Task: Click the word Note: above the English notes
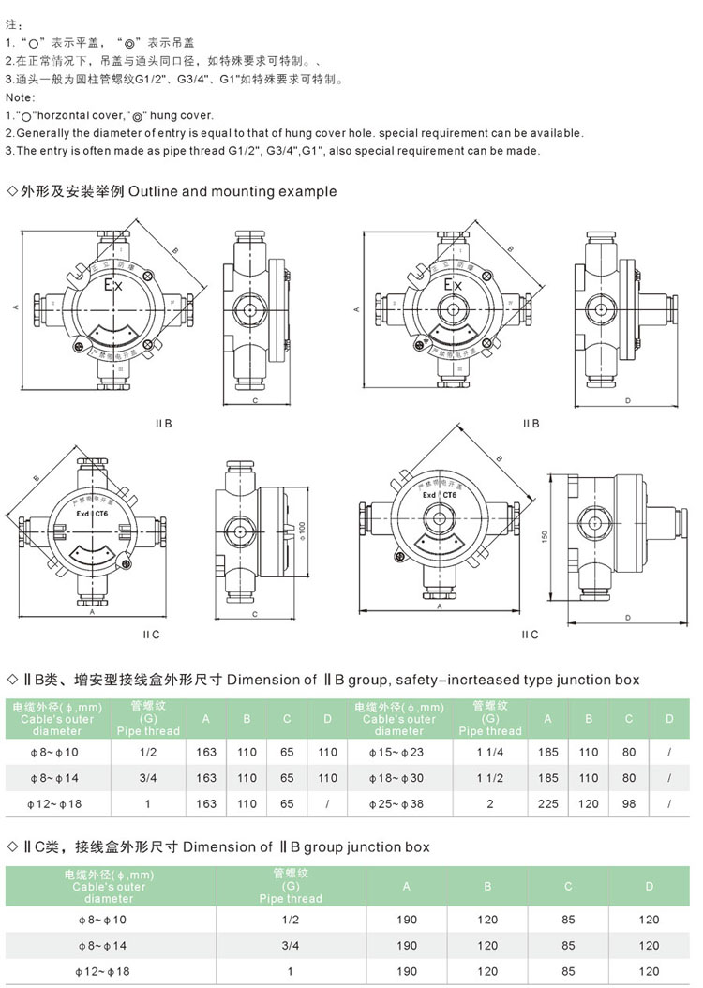(x=20, y=97)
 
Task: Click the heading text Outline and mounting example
(x=232, y=191)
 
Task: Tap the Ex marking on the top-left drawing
(x=113, y=285)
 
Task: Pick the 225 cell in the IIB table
(x=548, y=803)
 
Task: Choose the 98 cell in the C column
(x=629, y=803)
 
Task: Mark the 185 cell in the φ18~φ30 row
(x=548, y=777)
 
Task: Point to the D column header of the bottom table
(x=649, y=886)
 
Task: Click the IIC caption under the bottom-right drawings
(x=531, y=634)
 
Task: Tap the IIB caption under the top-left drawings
(x=164, y=423)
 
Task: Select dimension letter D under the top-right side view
(x=626, y=400)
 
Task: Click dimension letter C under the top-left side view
(x=255, y=400)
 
